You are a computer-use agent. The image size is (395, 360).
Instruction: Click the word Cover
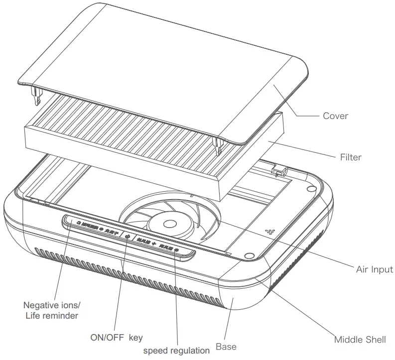[x=335, y=116]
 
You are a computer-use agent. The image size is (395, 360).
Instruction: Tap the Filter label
[x=351, y=157]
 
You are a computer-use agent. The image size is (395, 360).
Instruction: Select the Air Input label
[x=374, y=269]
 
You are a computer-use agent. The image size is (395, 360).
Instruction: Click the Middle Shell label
[x=360, y=340]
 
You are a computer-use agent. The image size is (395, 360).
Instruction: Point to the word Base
[x=226, y=346]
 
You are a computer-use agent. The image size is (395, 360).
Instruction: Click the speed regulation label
[x=176, y=351]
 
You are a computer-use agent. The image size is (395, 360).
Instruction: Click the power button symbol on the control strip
[x=127, y=237]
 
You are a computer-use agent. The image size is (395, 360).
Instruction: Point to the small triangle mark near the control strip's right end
[x=228, y=254]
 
